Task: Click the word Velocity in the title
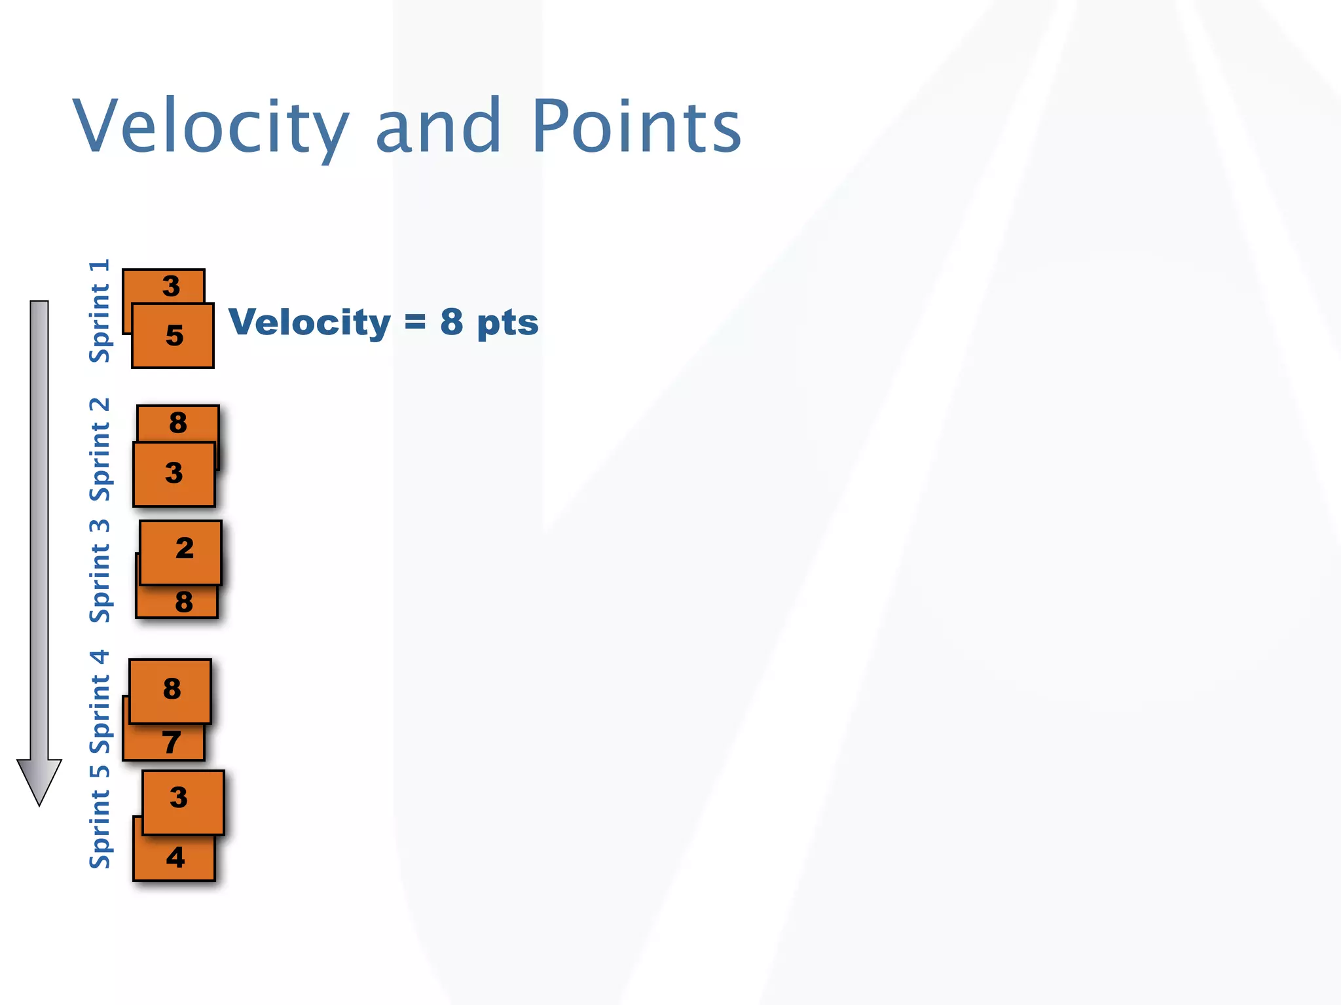pos(211,126)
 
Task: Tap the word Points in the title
pos(636,126)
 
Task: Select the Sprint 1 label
pos(100,311)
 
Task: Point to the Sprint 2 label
pos(100,449)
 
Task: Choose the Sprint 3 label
pos(100,571)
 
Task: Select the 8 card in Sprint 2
pos(178,423)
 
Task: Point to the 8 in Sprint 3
pos(183,603)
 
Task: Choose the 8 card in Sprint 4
pos(170,690)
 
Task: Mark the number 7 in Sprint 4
pos(171,743)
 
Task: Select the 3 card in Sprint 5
pos(183,802)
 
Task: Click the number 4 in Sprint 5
pos(175,858)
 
